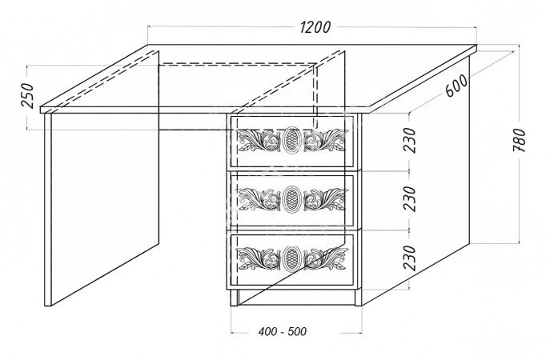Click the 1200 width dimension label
(315, 27)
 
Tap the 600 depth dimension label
(456, 86)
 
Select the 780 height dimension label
(519, 140)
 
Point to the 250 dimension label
(26, 96)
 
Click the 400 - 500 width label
(283, 331)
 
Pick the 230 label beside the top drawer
(410, 141)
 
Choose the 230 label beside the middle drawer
(410, 199)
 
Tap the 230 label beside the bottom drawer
(410, 258)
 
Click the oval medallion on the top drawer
(291, 140)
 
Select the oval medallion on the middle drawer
(291, 199)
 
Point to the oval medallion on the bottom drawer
(291, 258)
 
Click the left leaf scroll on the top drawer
(259, 141)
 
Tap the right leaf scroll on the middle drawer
(326, 200)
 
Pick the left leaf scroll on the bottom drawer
(259, 258)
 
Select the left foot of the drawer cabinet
(235, 298)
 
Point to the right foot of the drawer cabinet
(359, 298)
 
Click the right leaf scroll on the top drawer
(326, 141)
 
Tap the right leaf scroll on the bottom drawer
(326, 258)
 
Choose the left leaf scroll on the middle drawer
(259, 200)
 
